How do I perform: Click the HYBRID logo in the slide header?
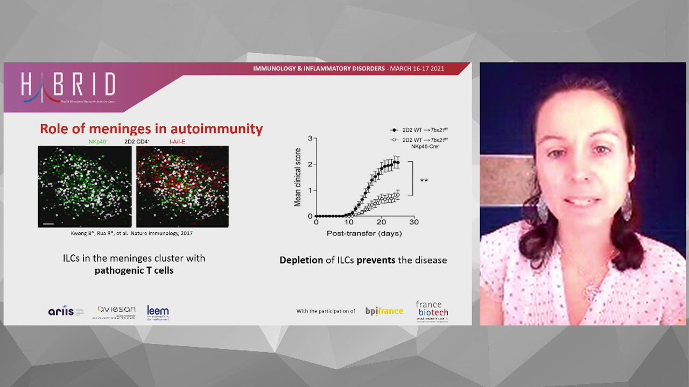pyautogui.click(x=68, y=87)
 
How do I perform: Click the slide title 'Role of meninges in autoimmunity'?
pyautogui.click(x=151, y=129)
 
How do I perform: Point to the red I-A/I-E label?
pyautogui.click(x=177, y=142)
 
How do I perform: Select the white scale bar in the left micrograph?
pyautogui.click(x=47, y=223)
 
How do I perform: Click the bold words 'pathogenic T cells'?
pyautogui.click(x=134, y=270)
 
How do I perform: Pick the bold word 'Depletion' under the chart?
pyautogui.click(x=301, y=260)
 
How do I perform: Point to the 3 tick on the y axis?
pyautogui.click(x=310, y=139)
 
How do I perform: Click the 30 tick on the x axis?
pyautogui.click(x=413, y=222)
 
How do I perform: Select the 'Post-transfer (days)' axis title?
pyautogui.click(x=364, y=233)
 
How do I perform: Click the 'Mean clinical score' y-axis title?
pyautogui.click(x=297, y=177)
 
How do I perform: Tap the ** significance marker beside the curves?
pyautogui.click(x=424, y=181)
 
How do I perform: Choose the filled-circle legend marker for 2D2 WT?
pyautogui.click(x=393, y=130)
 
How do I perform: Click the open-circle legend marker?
pyautogui.click(x=393, y=140)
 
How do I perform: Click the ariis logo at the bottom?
pyautogui.click(x=61, y=311)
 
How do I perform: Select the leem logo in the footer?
pyautogui.click(x=158, y=312)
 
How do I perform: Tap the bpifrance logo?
pyautogui.click(x=384, y=311)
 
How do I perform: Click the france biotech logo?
pyautogui.click(x=432, y=311)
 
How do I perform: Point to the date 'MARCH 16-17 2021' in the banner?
pyautogui.click(x=417, y=69)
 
